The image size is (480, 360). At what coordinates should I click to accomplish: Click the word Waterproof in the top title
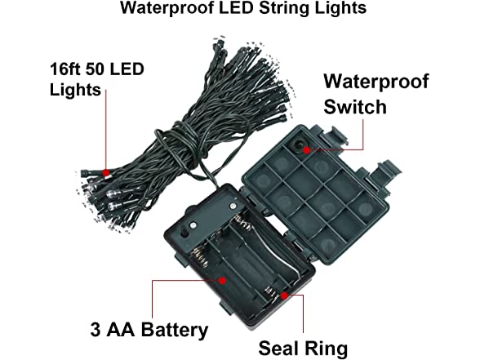coord(167,8)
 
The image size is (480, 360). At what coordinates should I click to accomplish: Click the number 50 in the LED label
coord(95,69)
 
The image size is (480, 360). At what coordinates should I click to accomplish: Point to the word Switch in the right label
coord(355,107)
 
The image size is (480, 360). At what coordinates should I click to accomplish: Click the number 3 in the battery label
coord(96,330)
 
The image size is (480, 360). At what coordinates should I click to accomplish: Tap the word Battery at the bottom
coord(175,331)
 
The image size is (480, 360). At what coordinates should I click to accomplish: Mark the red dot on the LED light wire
coord(106,173)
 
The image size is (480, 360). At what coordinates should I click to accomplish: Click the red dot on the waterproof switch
coord(306,150)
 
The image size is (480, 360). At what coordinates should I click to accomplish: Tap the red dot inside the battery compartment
coord(223,281)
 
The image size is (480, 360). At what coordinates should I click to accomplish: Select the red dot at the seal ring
coord(284,296)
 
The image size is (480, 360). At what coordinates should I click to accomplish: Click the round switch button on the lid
coord(300,144)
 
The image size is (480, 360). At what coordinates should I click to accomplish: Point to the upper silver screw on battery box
coord(233,207)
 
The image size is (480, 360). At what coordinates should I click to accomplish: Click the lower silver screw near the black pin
coord(193,226)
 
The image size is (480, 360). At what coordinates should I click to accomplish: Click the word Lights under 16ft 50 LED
coord(75,90)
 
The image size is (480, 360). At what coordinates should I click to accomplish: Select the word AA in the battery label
coord(121,330)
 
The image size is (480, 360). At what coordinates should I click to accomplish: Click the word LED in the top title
coord(236,8)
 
